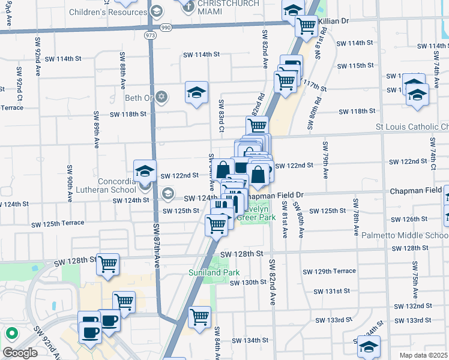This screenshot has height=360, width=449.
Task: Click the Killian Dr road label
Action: [333, 21]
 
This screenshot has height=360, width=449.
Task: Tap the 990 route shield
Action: [166, 27]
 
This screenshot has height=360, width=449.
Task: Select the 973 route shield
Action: [150, 36]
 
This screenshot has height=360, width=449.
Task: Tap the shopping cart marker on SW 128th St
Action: [107, 263]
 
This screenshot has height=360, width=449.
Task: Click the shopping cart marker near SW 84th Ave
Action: [199, 316]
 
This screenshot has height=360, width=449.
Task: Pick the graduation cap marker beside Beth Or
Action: [196, 92]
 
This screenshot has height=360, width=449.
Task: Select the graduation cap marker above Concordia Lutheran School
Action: [145, 171]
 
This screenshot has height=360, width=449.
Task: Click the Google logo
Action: [20, 353]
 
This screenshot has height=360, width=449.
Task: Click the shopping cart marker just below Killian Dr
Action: [307, 26]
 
